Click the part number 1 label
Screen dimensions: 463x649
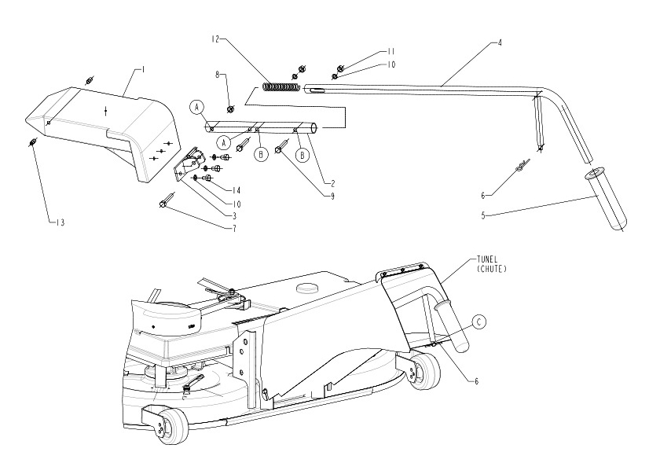tap(144, 70)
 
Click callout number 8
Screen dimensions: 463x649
tap(217, 76)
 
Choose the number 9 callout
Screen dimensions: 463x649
tap(332, 196)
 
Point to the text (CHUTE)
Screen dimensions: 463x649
tap(491, 269)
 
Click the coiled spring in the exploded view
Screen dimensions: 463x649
tap(280, 86)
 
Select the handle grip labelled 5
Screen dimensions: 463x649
tap(606, 200)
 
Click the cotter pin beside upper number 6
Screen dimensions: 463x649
tap(522, 167)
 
